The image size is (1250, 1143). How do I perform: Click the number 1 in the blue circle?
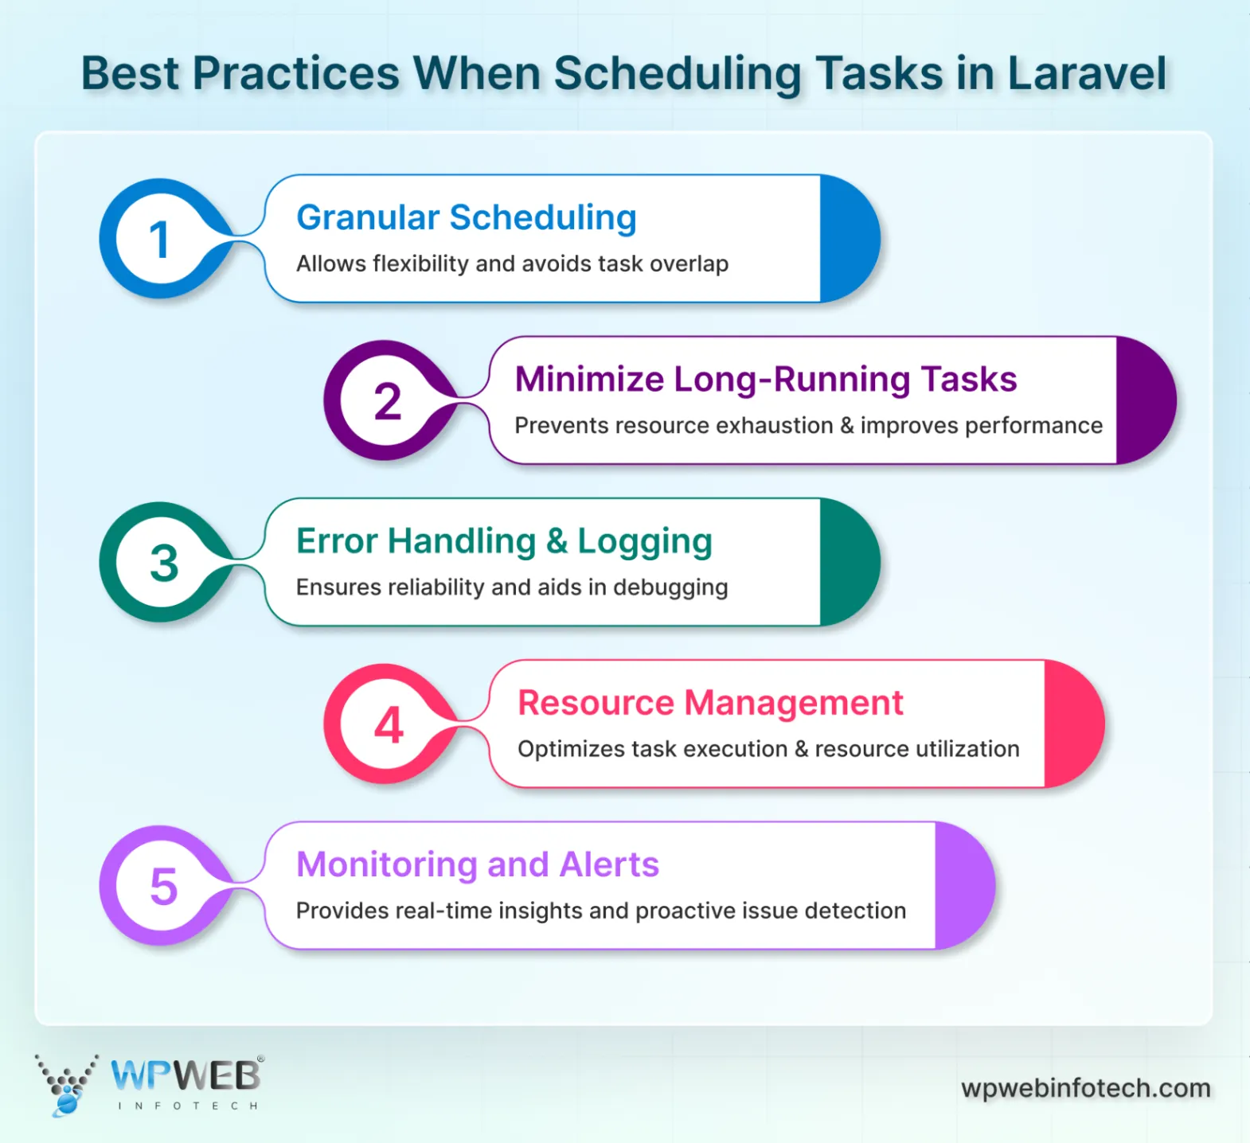click(x=159, y=240)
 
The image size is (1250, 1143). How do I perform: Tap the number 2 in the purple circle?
click(x=388, y=401)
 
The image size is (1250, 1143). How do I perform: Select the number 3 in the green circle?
click(x=164, y=564)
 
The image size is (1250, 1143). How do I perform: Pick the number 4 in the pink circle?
click(x=389, y=725)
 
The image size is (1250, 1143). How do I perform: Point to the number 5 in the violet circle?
click(x=164, y=887)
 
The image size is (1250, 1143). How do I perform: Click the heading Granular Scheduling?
click(x=466, y=217)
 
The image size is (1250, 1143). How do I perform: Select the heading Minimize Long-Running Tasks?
click(x=765, y=379)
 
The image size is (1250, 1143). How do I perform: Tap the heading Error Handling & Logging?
click(x=503, y=541)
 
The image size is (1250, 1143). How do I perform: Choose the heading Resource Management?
click(x=710, y=703)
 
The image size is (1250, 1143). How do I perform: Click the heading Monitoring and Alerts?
click(x=477, y=864)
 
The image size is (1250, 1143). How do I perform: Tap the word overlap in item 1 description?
click(x=689, y=263)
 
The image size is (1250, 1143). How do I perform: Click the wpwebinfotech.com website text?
click(x=1085, y=1088)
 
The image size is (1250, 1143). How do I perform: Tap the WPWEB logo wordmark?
click(x=186, y=1076)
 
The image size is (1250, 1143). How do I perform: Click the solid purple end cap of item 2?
click(x=1143, y=400)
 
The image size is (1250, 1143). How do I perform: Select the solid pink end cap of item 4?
click(x=1072, y=724)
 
